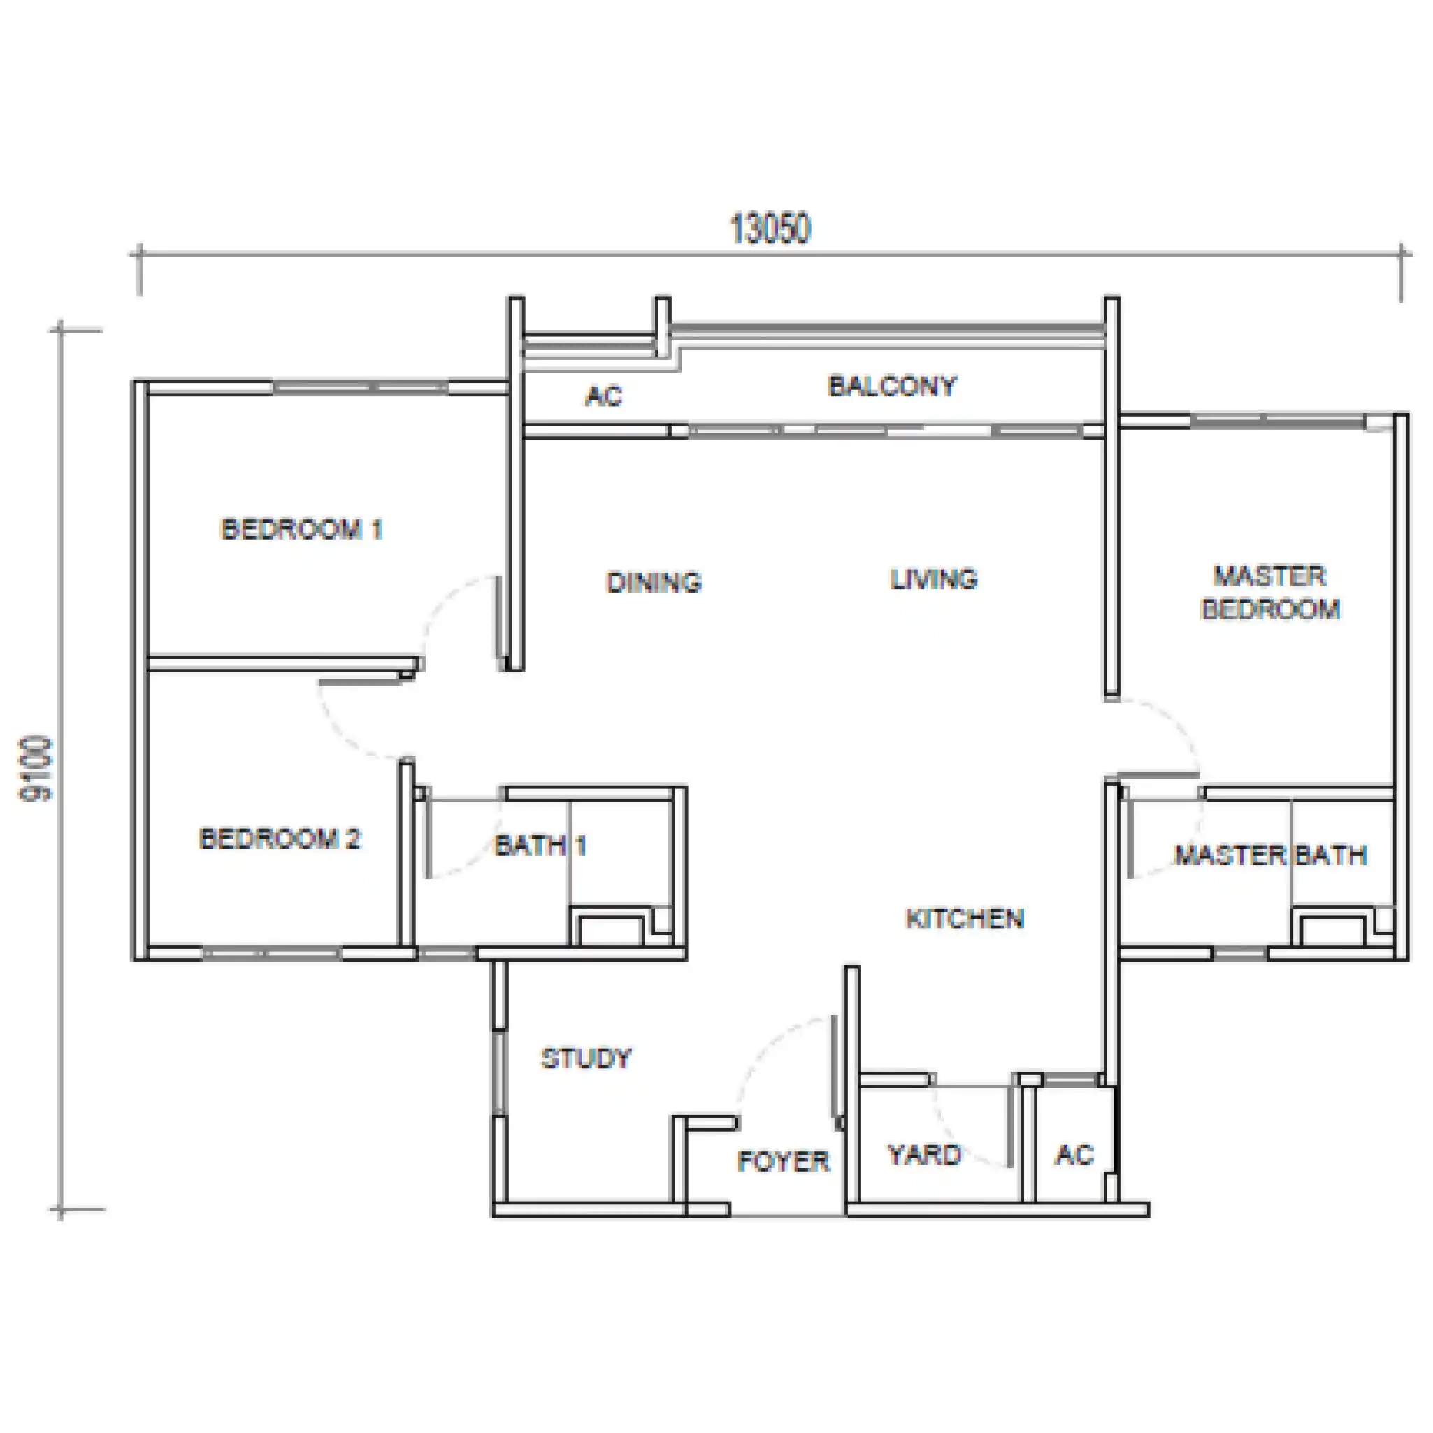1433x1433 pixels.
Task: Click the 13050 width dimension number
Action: click(770, 229)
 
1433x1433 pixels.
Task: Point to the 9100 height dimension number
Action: click(36, 769)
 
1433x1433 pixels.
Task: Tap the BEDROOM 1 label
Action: click(302, 530)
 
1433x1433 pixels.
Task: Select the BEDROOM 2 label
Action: click(280, 839)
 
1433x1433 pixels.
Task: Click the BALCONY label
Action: click(891, 386)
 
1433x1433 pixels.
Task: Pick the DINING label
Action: click(654, 582)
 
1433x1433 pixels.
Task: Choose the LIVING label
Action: click(934, 579)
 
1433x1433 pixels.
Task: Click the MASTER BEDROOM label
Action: click(1270, 593)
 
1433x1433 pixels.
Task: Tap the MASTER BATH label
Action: click(1270, 855)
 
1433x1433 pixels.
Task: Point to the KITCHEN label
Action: click(964, 919)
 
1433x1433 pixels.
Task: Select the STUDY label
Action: click(586, 1058)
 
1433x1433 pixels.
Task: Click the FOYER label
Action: click(783, 1162)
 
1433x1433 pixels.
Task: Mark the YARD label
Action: click(924, 1155)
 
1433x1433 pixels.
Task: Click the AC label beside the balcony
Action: click(604, 396)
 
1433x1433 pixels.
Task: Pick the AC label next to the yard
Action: click(1075, 1155)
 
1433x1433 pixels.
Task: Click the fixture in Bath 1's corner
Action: click(611, 930)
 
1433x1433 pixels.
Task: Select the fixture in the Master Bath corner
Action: click(1332, 930)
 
